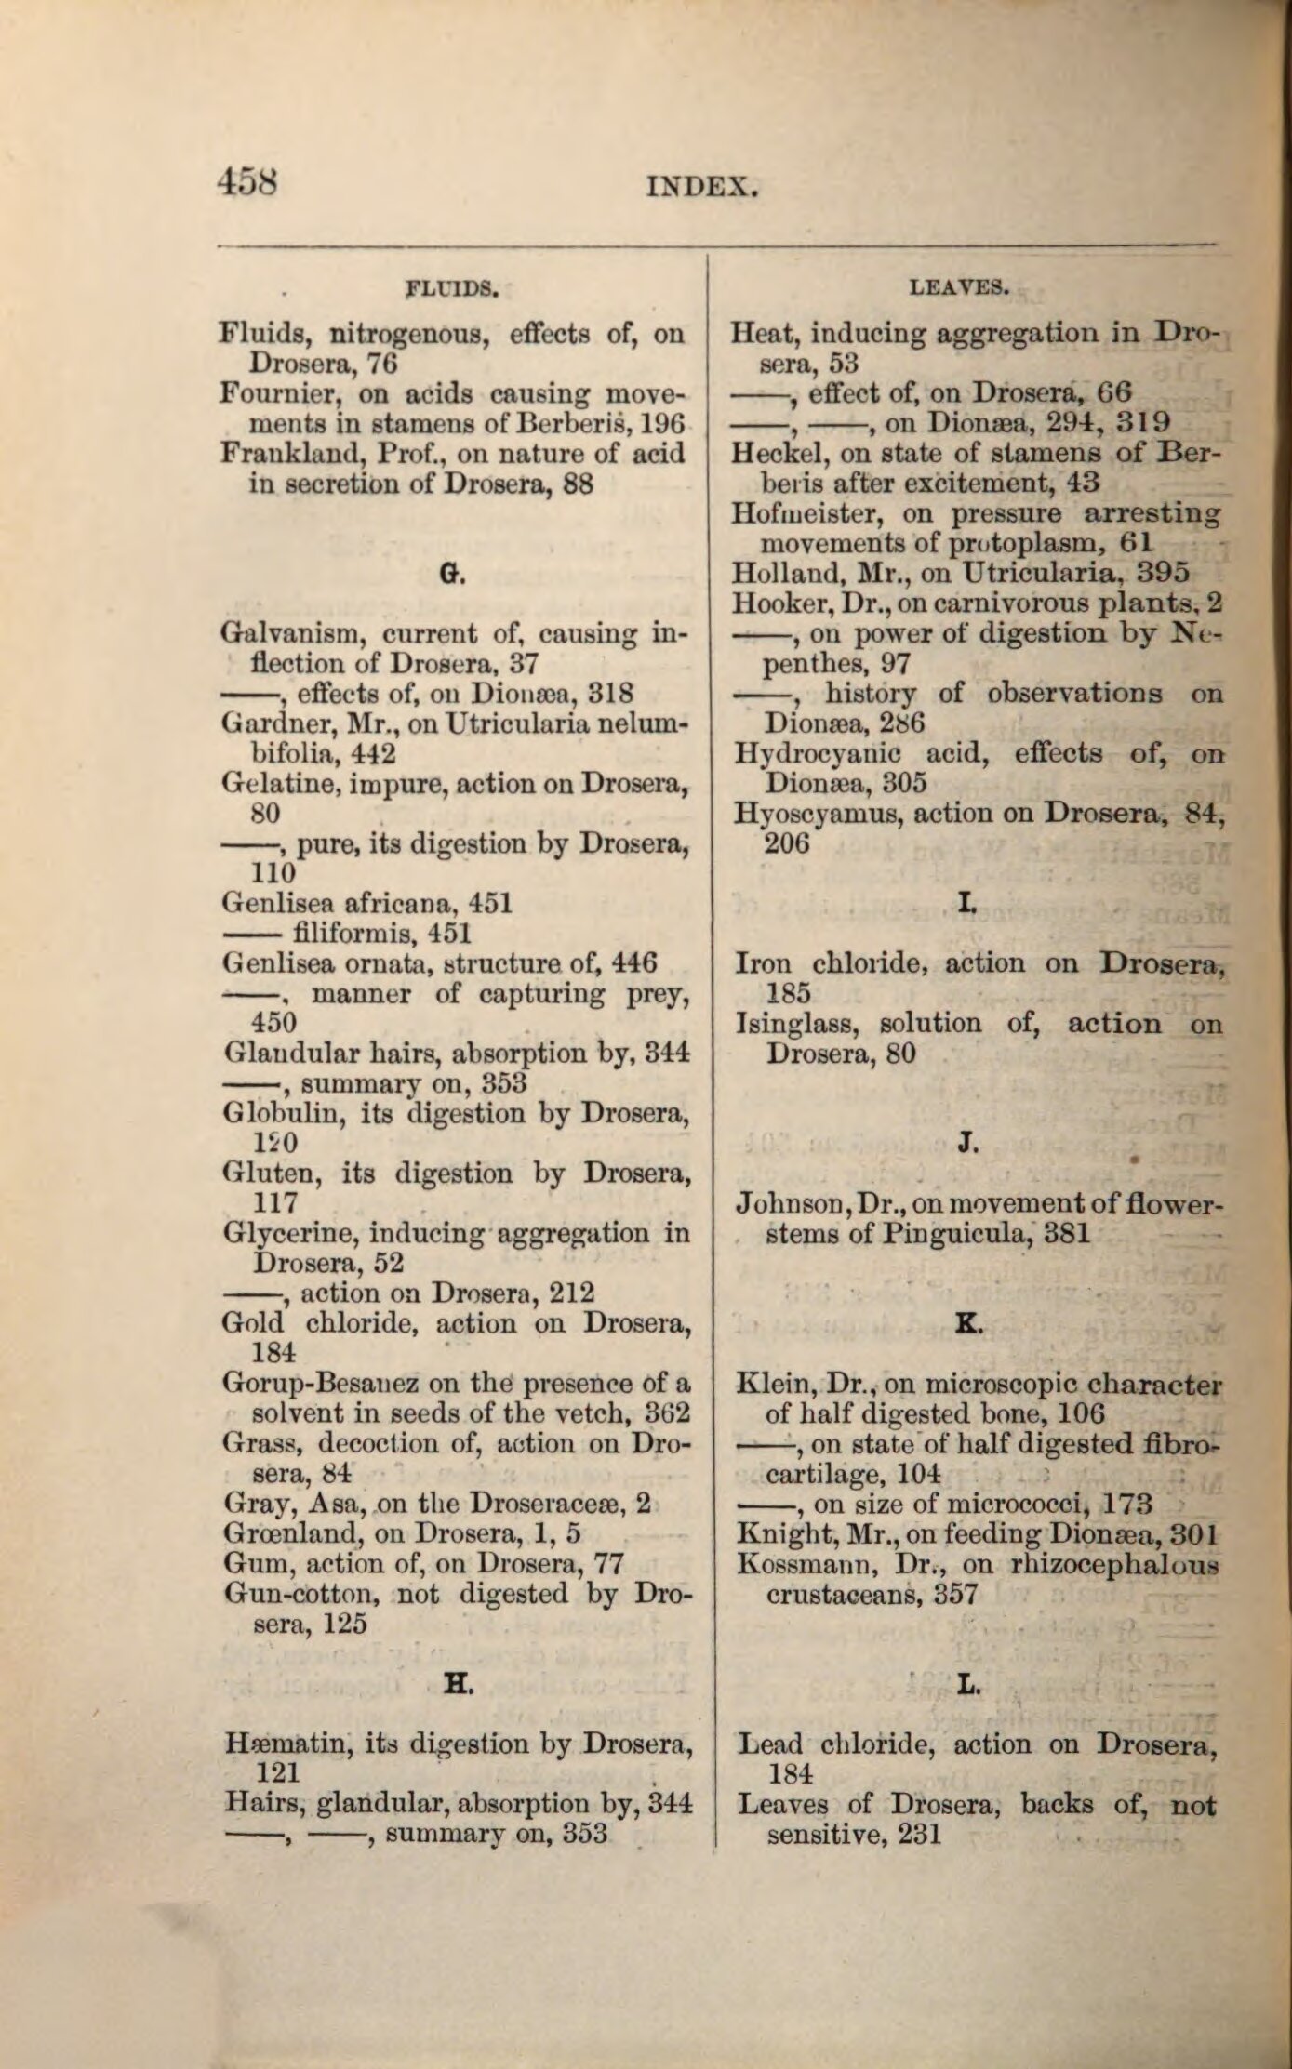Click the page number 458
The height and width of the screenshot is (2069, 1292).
click(x=248, y=179)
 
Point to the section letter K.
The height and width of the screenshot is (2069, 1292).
click(x=968, y=1326)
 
